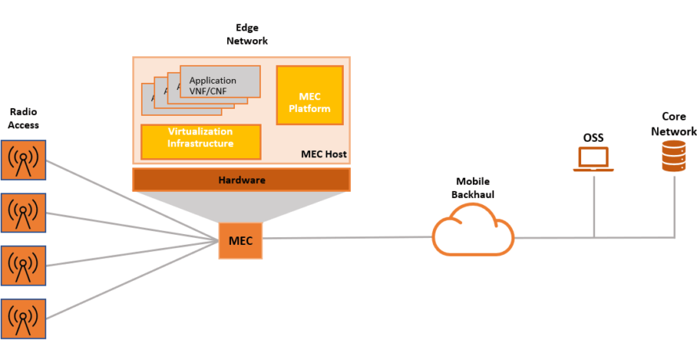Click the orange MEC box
coord(240,240)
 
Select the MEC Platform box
coord(309,95)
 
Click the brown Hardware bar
coord(241,180)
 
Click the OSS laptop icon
coord(593,159)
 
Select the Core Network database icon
coord(674,156)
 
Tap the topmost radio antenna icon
coord(23,161)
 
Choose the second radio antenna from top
coord(23,214)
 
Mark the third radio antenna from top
coord(23,266)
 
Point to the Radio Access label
coord(23,118)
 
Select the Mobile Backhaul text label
coord(472,188)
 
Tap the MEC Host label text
coord(323,154)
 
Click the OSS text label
coord(593,138)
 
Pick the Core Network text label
coord(674,124)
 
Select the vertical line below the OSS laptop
coord(594,205)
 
